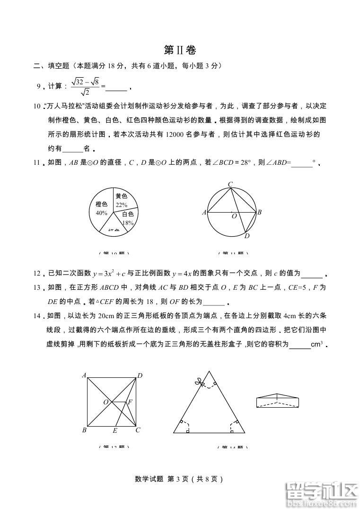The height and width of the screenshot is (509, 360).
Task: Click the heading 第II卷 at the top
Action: point(179,50)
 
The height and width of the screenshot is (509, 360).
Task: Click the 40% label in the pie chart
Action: point(101,213)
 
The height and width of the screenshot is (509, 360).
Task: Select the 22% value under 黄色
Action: point(122,205)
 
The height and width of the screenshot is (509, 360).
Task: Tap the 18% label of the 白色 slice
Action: point(127,223)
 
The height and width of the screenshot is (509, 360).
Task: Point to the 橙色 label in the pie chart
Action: point(102,205)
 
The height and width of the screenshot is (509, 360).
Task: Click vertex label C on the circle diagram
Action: point(230,184)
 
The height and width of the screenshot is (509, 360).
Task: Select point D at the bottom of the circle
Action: point(246,236)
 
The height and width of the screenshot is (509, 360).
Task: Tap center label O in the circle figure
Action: point(234,216)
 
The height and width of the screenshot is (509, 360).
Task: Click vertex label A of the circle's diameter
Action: point(204,213)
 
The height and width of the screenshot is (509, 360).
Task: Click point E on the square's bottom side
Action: point(115,430)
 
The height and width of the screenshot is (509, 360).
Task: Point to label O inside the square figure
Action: point(106,402)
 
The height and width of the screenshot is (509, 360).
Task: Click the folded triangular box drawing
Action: point(278,400)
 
